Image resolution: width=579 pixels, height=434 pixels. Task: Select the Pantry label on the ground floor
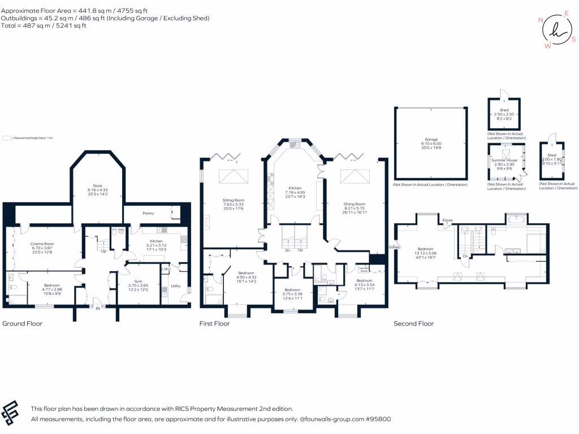148,214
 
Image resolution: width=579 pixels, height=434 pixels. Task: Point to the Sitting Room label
233,200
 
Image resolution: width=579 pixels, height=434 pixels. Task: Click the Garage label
431,139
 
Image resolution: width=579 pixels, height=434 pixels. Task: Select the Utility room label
176,286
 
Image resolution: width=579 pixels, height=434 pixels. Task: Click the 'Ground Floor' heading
23,324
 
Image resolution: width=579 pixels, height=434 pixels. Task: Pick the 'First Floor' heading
215,324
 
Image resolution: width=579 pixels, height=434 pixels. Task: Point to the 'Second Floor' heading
414,324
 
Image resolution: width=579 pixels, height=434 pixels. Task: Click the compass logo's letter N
541,20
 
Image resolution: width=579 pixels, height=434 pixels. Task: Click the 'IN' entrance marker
97,309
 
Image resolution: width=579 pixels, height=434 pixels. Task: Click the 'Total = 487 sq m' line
44,25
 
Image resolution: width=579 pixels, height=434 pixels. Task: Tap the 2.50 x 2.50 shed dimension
504,114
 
